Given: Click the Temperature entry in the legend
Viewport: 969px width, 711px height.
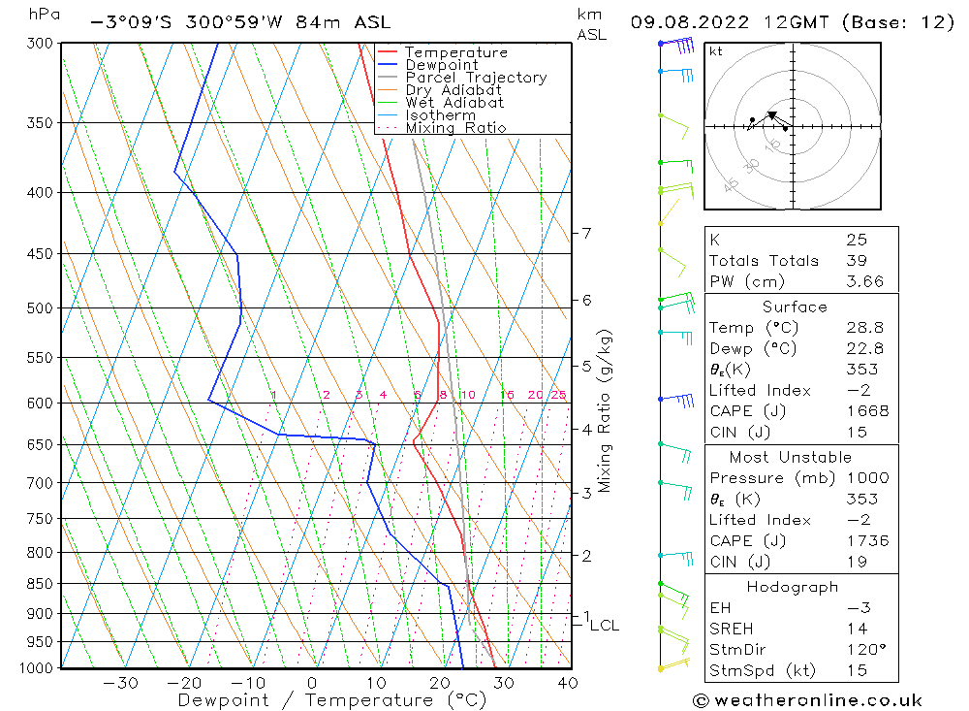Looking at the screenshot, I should pyautogui.click(x=455, y=52).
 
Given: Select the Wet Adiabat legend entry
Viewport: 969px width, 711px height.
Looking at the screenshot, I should pyautogui.click(x=453, y=102).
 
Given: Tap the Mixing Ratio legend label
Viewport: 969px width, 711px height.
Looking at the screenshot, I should pyautogui.click(x=455, y=127).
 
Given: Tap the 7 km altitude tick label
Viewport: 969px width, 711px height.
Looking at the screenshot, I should pyautogui.click(x=586, y=233).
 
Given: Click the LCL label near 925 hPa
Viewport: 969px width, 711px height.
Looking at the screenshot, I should pyautogui.click(x=604, y=626).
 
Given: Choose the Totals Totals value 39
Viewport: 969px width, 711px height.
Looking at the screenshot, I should pyautogui.click(x=855, y=260).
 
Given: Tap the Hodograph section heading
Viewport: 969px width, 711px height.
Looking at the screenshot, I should pyautogui.click(x=794, y=587).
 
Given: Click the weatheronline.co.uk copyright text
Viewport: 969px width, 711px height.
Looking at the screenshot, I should pyautogui.click(x=807, y=700).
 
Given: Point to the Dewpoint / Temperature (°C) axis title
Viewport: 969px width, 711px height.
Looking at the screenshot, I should pyautogui.click(x=333, y=700).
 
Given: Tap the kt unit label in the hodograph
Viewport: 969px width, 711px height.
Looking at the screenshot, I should pyautogui.click(x=716, y=51).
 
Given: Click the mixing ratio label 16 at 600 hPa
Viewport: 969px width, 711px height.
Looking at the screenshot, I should pyautogui.click(x=507, y=395).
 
